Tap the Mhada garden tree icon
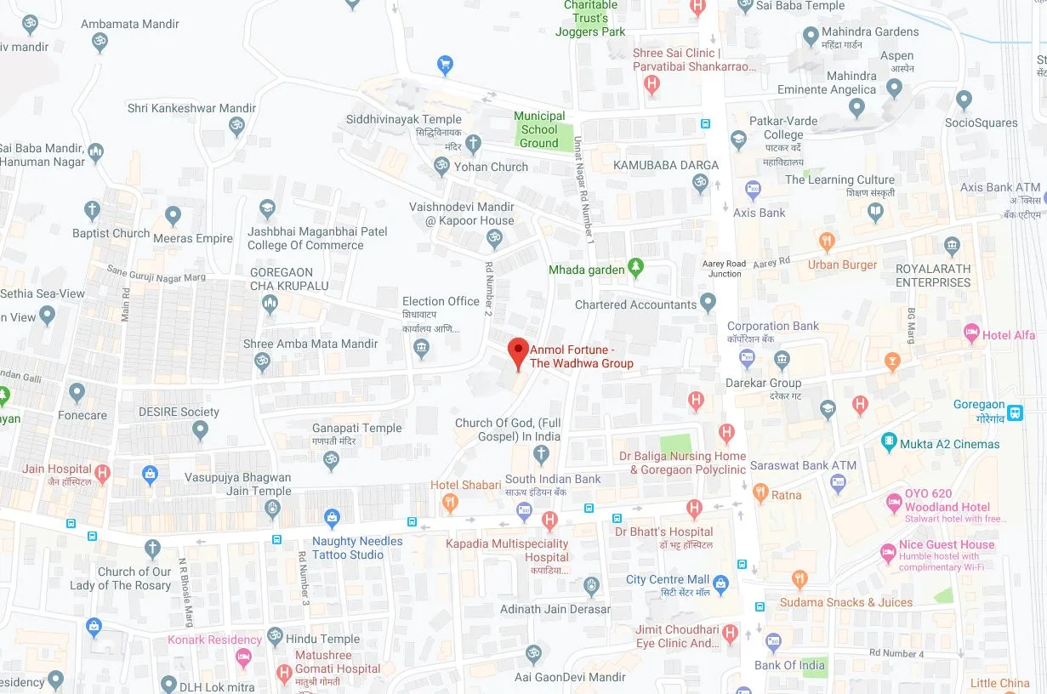point(635,270)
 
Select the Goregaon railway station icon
point(1014,412)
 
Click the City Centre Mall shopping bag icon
point(721,583)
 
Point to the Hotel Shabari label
point(465,485)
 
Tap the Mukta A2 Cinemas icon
point(889,442)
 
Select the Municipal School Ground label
point(539,129)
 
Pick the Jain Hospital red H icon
point(103,473)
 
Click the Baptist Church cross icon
point(92,210)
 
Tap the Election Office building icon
point(421,348)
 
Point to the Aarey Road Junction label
point(724,269)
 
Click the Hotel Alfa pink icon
point(971,333)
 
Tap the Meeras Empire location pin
point(174,216)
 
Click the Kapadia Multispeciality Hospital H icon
point(549,520)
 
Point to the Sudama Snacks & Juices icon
point(799,580)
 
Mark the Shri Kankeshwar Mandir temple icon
point(236,128)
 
